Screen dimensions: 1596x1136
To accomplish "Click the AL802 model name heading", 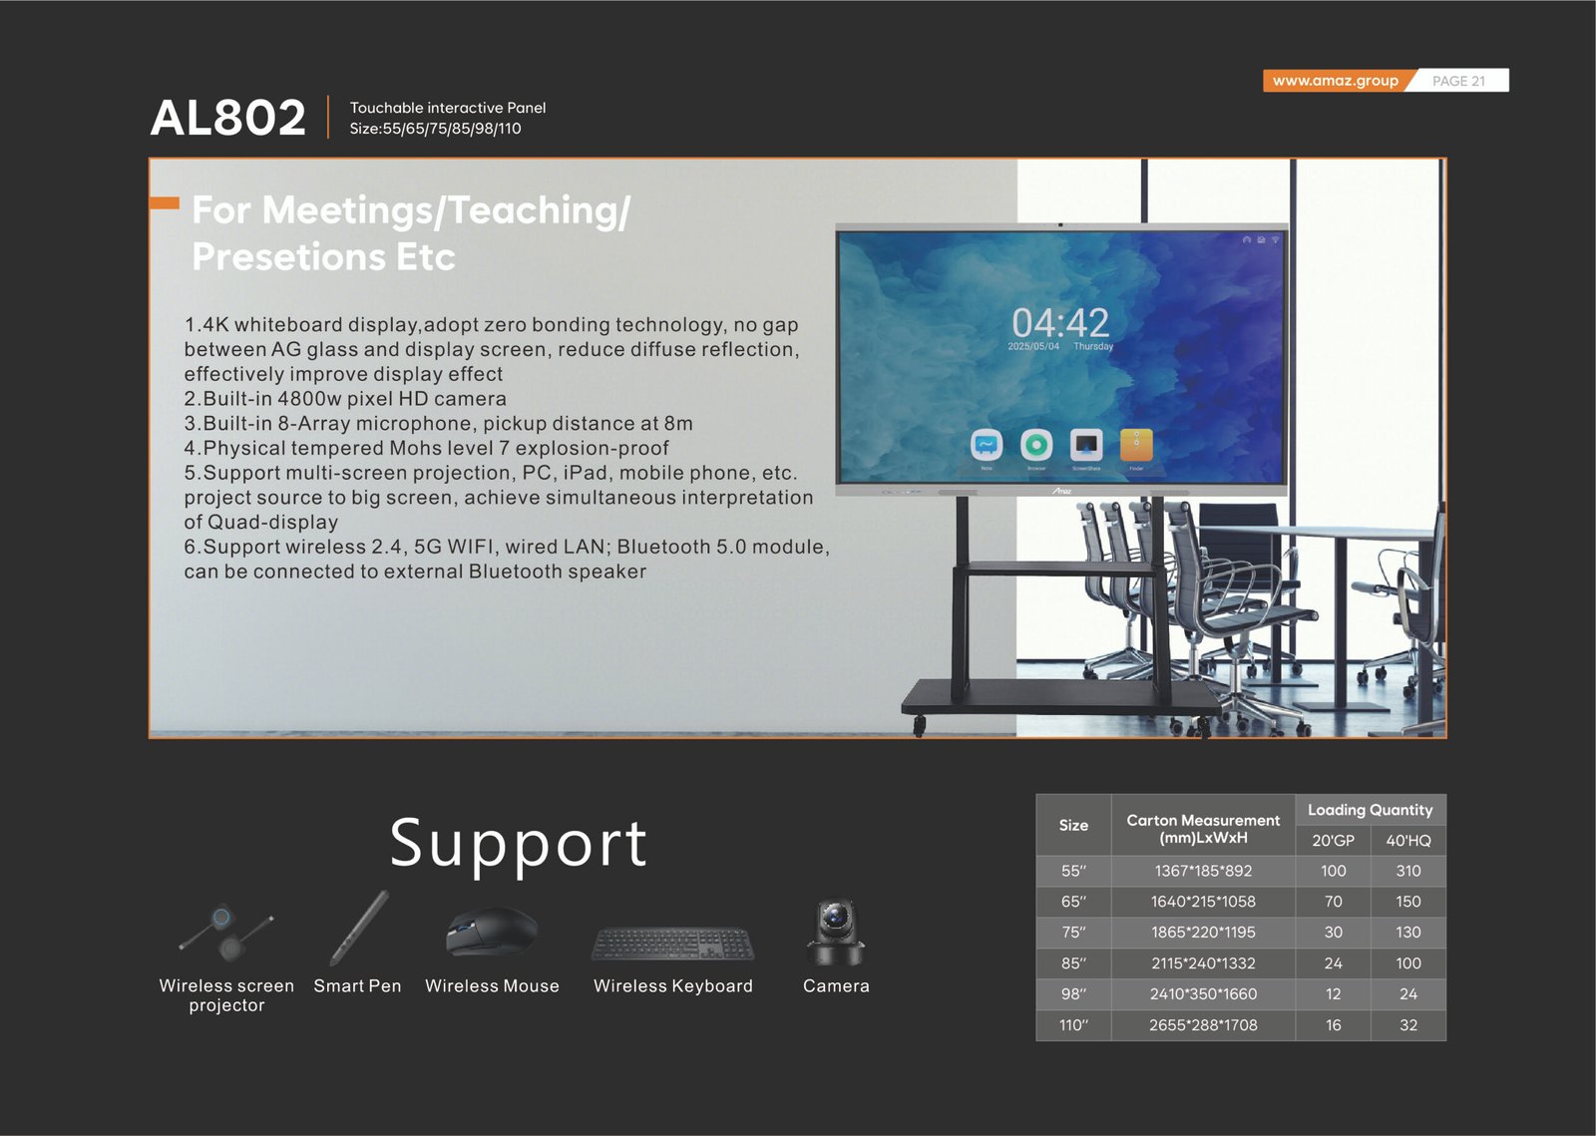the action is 228,117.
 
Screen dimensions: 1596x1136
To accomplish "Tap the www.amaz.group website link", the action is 1336,81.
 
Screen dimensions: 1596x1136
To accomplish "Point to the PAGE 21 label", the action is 1458,81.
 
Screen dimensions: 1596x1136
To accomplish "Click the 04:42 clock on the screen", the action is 1060,322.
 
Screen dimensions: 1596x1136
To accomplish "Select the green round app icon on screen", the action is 1036,445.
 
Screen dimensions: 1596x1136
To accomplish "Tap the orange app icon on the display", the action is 1136,445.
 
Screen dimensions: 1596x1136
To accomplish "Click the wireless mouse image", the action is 492,931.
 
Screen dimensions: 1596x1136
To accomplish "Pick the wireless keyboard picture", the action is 672,944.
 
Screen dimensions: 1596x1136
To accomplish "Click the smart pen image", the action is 359,928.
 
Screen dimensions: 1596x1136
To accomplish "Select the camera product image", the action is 836,933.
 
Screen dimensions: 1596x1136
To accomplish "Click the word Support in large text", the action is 518,844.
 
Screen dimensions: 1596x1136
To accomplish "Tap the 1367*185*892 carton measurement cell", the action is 1203,871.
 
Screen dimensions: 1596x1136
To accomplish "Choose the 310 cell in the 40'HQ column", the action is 1407,871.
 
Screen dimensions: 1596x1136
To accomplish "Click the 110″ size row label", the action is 1073,1025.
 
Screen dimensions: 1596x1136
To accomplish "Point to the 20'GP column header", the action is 1333,841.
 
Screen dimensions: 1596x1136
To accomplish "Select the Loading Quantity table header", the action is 1371,810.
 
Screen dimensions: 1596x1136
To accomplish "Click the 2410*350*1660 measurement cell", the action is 1203,993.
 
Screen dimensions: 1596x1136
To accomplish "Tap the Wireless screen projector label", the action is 226,995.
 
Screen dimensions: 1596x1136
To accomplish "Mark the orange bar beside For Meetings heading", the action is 165,203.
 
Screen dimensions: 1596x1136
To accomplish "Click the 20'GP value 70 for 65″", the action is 1333,901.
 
